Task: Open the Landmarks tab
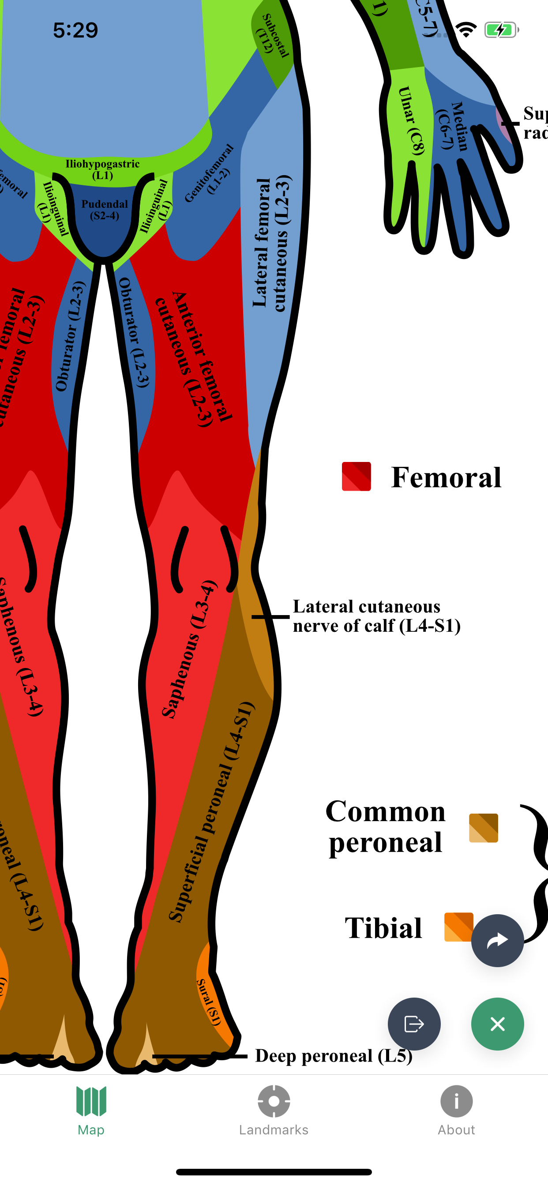274,1110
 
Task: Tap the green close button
497,1024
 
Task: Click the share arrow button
497,940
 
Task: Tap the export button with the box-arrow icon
414,1024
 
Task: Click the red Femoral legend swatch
357,477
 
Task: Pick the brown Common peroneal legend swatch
484,828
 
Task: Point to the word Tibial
383,927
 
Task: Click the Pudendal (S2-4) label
105,210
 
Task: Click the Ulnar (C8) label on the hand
411,120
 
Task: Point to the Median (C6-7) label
453,126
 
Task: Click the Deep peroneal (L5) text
334,1056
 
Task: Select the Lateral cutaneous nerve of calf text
376,616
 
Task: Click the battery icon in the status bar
501,30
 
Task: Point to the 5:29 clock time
75,30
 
